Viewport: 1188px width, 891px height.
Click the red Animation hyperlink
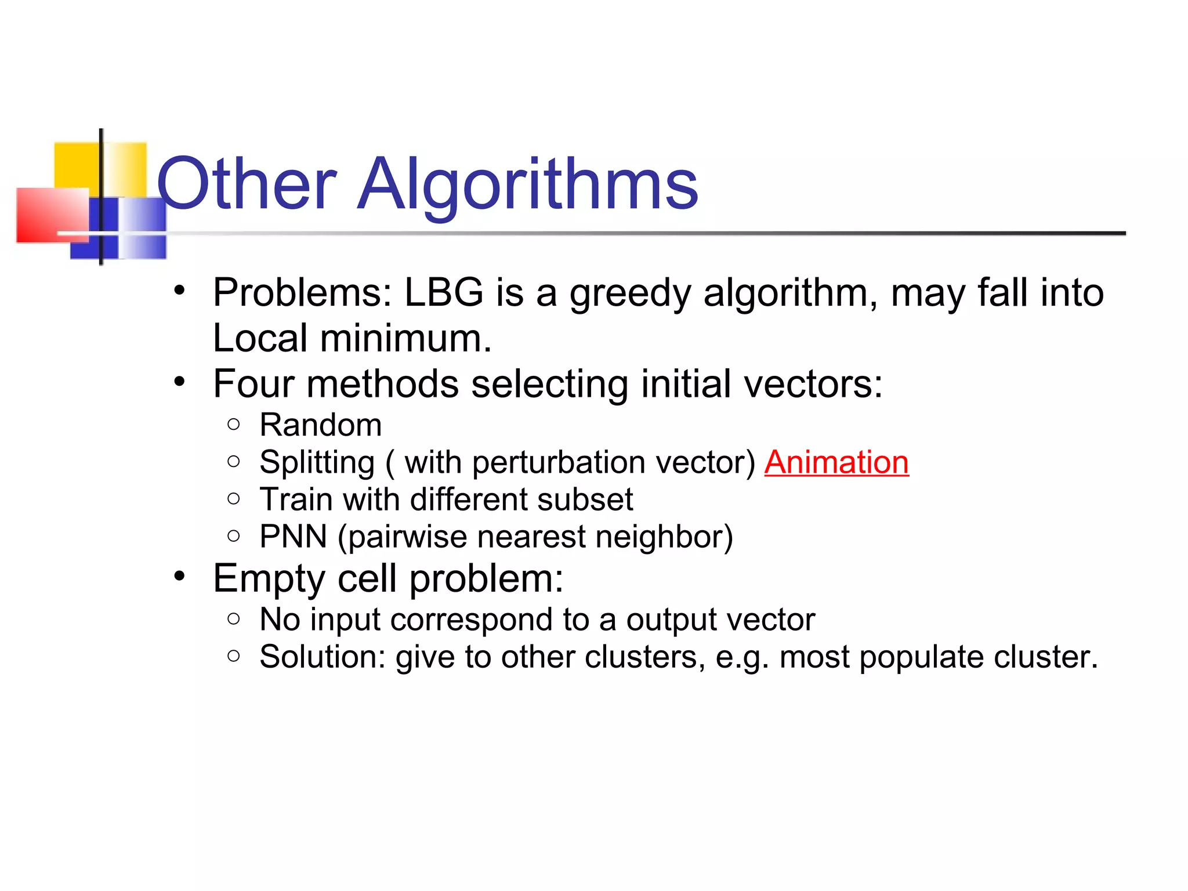(836, 463)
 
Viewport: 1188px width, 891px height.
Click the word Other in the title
(247, 184)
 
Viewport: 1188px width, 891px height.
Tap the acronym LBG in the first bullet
(444, 292)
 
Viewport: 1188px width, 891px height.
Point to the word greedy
(630, 294)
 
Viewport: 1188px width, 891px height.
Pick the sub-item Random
(320, 425)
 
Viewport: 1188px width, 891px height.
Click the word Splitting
(317, 463)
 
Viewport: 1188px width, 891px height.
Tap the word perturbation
(559, 463)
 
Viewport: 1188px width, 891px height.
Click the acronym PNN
(293, 537)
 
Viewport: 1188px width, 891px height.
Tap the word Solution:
(323, 657)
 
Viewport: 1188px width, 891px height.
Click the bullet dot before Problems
(180, 289)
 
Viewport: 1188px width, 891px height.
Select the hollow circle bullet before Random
(234, 425)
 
